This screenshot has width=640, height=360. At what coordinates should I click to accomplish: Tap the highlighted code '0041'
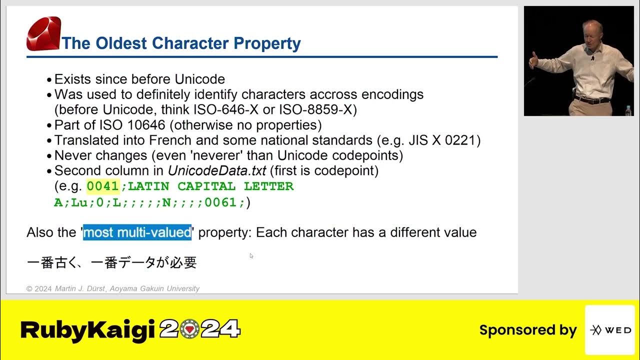tap(102, 186)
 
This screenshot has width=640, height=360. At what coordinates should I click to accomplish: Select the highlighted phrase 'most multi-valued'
tap(137, 232)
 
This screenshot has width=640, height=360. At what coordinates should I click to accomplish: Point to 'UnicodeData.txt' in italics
tap(216, 170)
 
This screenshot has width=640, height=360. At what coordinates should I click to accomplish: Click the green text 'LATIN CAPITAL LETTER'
tap(210, 186)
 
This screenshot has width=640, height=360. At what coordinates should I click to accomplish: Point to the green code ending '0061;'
tap(224, 202)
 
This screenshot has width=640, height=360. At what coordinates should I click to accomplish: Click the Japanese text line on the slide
tap(111, 262)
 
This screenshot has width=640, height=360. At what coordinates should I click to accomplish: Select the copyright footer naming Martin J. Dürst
tap(113, 288)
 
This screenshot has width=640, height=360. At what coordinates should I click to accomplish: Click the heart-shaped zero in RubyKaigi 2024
tap(189, 329)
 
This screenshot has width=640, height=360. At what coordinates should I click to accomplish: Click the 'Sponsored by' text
tap(527, 330)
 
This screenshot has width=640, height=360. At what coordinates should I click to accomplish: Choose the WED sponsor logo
tap(609, 330)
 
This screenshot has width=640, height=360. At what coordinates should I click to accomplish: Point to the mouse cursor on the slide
tap(251, 255)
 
